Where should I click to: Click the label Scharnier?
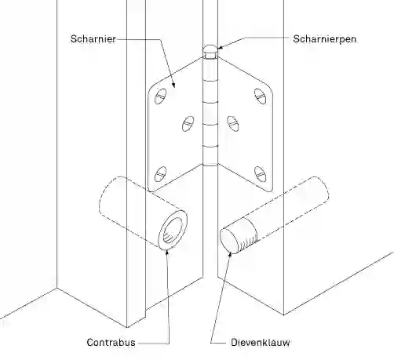click(x=93, y=39)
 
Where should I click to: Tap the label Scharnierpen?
click(x=325, y=39)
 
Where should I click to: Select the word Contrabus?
click(x=111, y=342)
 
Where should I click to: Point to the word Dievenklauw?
click(x=261, y=342)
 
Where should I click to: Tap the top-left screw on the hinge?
click(x=160, y=96)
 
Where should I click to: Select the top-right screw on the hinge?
click(x=261, y=96)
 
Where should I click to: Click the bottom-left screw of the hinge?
click(x=160, y=174)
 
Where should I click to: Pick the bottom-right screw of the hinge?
click(x=261, y=174)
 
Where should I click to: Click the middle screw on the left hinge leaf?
click(x=188, y=124)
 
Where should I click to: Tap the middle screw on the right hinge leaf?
click(x=232, y=124)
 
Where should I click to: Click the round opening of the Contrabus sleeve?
click(x=173, y=230)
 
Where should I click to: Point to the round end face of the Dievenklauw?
click(x=229, y=241)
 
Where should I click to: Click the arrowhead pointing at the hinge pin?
click(x=220, y=48)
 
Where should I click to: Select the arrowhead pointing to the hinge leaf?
click(x=173, y=85)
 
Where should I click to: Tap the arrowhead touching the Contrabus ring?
click(x=166, y=253)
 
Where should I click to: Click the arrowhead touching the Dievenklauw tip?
click(x=230, y=254)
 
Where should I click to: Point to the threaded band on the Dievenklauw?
click(x=249, y=232)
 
